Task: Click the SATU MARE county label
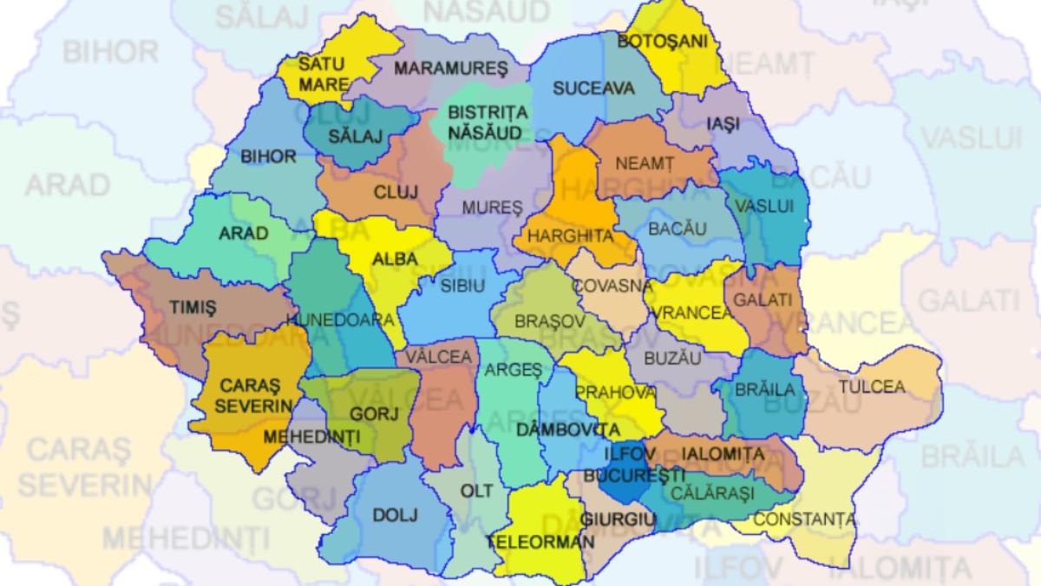[322, 75]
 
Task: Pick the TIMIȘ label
[193, 307]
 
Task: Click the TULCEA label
[871, 386]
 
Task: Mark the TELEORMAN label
[540, 541]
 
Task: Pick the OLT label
[476, 491]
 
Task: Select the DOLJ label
[395, 515]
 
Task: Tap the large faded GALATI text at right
[968, 300]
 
